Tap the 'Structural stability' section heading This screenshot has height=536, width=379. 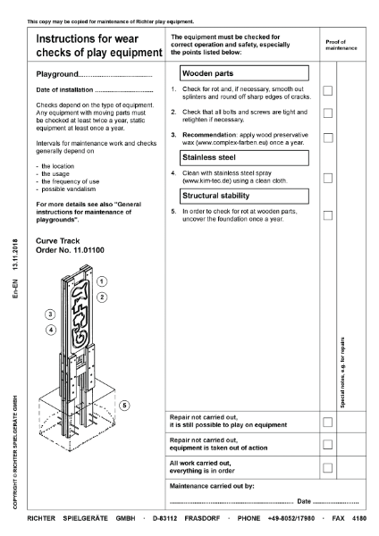tap(220, 195)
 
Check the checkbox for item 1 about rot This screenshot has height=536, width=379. tap(328, 90)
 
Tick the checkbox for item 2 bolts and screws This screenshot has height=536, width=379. tap(328, 113)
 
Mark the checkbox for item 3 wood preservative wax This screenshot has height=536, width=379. tap(328, 138)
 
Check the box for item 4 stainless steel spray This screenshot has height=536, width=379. tap(328, 178)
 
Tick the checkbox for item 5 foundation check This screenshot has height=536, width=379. tap(328, 215)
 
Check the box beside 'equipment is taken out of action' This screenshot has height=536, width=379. tap(328, 444)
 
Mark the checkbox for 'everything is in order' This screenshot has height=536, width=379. tap(328, 467)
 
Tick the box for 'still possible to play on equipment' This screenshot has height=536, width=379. tap(328, 421)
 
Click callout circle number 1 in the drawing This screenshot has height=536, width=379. tap(102, 281)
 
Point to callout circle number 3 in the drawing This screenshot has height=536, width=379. tap(50, 314)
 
